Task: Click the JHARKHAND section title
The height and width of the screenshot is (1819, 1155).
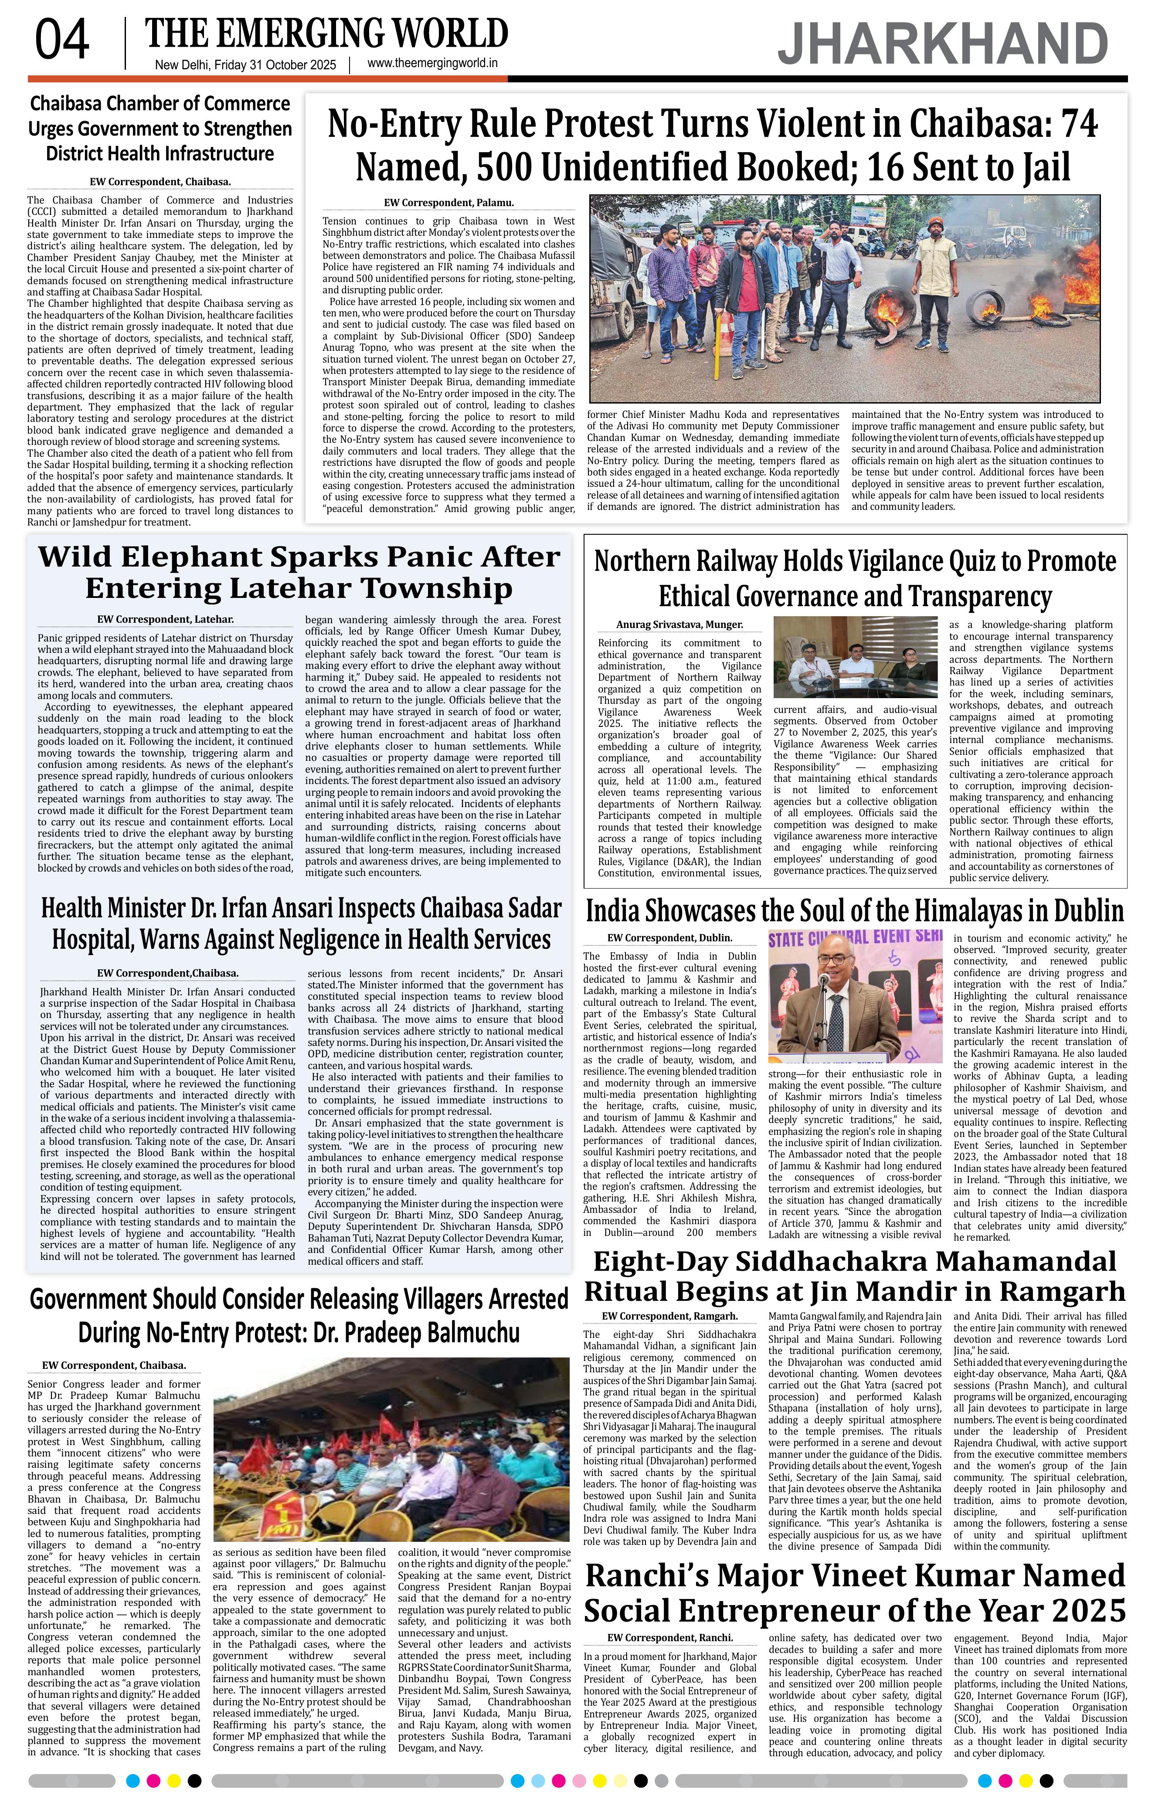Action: [x=943, y=44]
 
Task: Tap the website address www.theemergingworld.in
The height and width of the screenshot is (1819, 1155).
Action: [x=432, y=64]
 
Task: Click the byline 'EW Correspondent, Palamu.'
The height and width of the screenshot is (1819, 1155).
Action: [x=448, y=203]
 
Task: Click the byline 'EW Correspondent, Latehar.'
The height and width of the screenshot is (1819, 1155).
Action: [x=166, y=619]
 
